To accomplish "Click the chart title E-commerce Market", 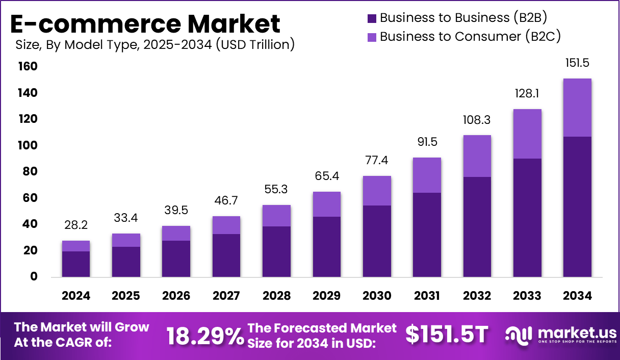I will pyautogui.click(x=145, y=23).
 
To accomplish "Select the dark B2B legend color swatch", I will pyautogui.click(x=372, y=18).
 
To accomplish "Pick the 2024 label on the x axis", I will pyautogui.click(x=76, y=296).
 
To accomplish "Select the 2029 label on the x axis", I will pyautogui.click(x=327, y=296).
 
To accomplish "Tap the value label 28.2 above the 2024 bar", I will pyautogui.click(x=76, y=225).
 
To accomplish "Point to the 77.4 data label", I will pyautogui.click(x=377, y=161).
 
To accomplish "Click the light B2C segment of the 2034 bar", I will pyautogui.click(x=577, y=107).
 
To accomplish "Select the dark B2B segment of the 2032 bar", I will pyautogui.click(x=477, y=227).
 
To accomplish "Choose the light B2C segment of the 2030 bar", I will pyautogui.click(x=377, y=191).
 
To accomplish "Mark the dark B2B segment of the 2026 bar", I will pyautogui.click(x=176, y=259).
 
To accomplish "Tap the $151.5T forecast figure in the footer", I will pyautogui.click(x=447, y=335).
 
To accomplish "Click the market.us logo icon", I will pyautogui.click(x=518, y=335).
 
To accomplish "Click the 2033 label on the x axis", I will pyautogui.click(x=527, y=296).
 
